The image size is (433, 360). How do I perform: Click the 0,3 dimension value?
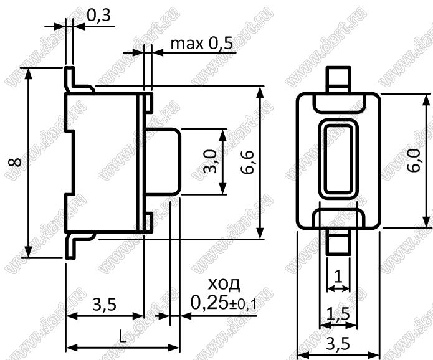pos(99,16)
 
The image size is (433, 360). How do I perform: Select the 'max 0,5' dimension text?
pos(202,44)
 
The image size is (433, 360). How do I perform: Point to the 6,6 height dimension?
pos(247,163)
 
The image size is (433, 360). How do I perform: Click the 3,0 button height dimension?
pos(210,161)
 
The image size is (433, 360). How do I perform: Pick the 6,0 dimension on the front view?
pos(414,161)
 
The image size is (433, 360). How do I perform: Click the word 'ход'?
pos(224,285)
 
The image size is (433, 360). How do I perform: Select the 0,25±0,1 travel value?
pos(224,303)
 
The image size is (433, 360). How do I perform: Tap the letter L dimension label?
pos(122,336)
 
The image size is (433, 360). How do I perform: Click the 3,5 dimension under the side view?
pos(105,305)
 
